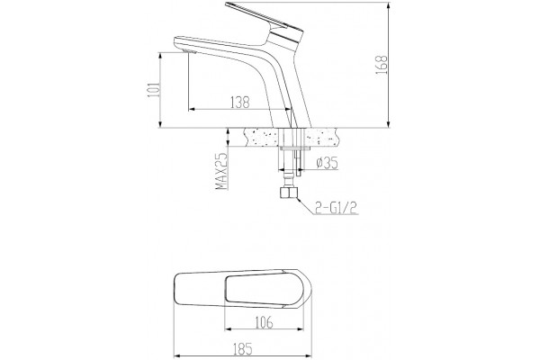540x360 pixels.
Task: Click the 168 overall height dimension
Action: [x=382, y=65]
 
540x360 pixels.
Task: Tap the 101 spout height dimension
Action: [x=154, y=89]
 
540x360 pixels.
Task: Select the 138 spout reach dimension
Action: [x=239, y=103]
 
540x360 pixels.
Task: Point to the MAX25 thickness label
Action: [x=222, y=171]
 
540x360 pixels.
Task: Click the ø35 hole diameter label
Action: [x=327, y=163]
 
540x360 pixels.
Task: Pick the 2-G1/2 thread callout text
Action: [x=336, y=208]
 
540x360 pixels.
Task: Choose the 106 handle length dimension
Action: [x=264, y=322]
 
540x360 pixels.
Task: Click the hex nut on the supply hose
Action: [x=289, y=193]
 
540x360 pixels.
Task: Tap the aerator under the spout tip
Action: [x=190, y=51]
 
